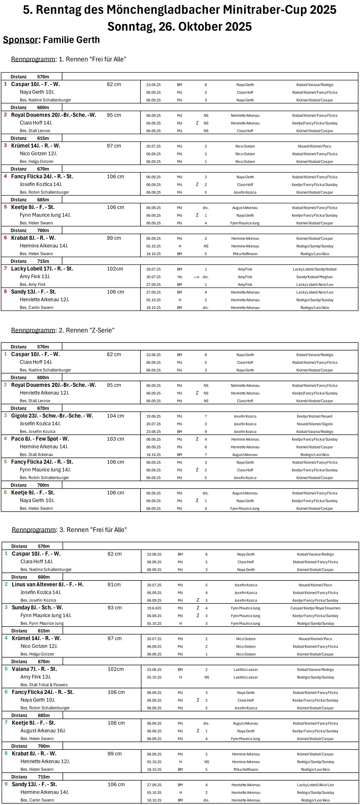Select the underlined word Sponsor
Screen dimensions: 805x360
20,40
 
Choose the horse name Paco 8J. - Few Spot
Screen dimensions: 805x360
40,439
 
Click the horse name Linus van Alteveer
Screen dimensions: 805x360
48,585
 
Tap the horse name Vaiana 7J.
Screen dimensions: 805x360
34,669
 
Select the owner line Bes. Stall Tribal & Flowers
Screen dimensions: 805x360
44,685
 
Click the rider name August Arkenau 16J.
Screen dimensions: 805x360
43,731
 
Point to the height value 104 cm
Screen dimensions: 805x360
116,416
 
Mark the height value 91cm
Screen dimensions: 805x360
114,585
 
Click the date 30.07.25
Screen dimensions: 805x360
153,277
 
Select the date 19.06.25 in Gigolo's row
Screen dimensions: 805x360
153,416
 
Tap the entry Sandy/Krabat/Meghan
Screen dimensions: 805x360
315,277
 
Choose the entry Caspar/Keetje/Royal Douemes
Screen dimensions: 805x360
315,608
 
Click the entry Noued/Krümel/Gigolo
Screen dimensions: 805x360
315,424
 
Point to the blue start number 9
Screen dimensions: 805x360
6,784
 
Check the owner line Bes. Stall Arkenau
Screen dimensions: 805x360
37,455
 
